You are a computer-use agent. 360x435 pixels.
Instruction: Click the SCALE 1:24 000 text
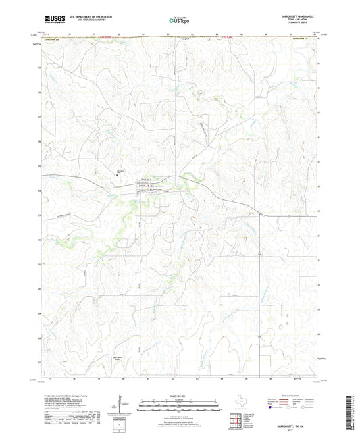click(180, 395)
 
